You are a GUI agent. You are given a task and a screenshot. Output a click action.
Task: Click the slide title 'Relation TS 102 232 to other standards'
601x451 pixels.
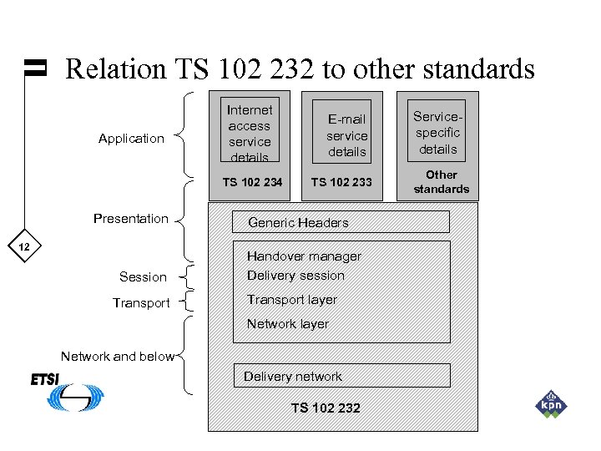pos(300,68)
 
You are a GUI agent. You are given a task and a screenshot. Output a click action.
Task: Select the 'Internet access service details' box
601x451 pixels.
pos(249,132)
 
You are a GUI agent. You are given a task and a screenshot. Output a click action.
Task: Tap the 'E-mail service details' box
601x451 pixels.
pos(346,135)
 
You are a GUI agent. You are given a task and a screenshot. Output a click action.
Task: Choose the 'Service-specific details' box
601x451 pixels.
pos(437,133)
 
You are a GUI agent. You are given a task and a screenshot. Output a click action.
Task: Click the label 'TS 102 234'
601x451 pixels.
pos(252,182)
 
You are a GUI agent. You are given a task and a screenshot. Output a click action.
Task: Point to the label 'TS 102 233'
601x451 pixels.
pos(341,182)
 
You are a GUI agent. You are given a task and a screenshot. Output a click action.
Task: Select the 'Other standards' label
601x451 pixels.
pos(441,181)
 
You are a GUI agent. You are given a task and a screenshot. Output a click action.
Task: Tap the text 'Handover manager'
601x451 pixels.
pos(304,256)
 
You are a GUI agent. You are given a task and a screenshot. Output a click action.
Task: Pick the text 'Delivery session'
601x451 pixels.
pos(295,276)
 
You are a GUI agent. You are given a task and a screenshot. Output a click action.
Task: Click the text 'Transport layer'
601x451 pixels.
pos(292,300)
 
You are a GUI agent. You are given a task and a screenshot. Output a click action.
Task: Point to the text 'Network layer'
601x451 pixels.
pos(288,324)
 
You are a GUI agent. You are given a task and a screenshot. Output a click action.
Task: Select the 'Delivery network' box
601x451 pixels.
pos(341,376)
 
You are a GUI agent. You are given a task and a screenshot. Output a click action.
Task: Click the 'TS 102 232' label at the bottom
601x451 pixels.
pos(326,408)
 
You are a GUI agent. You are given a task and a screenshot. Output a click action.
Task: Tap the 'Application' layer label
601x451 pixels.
pos(131,139)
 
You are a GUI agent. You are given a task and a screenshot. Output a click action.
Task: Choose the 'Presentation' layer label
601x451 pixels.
pos(131,219)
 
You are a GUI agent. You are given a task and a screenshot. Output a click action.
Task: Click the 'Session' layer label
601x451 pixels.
pos(143,277)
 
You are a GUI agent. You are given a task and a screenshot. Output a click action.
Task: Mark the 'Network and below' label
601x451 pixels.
pos(118,357)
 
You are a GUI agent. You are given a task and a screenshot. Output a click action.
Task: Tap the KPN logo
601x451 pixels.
pos(551,404)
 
